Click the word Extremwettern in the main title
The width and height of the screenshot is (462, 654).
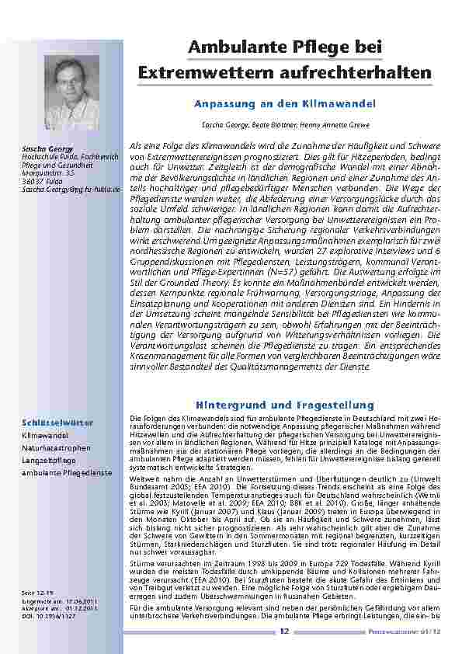[x=203, y=73]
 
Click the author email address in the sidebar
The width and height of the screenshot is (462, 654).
[x=71, y=189]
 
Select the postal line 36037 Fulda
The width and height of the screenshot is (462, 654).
[x=39, y=180]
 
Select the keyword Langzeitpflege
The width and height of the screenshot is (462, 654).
[x=47, y=460]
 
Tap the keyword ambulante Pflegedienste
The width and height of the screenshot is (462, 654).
[x=67, y=471]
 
